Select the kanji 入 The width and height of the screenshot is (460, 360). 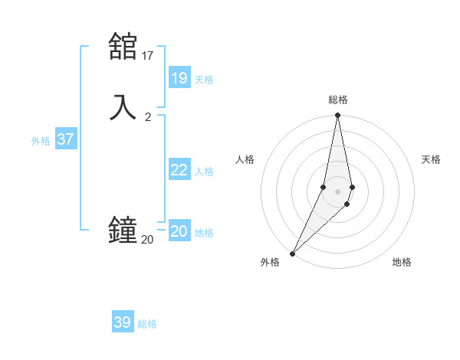pyautogui.click(x=123, y=106)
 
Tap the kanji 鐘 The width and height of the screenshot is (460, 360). pyautogui.click(x=123, y=230)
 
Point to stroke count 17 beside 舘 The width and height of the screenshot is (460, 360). pyautogui.click(x=148, y=55)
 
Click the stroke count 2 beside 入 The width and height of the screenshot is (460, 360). pyautogui.click(x=148, y=116)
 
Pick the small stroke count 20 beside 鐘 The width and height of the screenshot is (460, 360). pyautogui.click(x=147, y=240)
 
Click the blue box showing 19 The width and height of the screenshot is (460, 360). pyautogui.click(x=179, y=78)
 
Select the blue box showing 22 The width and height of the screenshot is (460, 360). pyautogui.click(x=179, y=170)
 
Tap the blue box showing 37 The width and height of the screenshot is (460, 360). pyautogui.click(x=66, y=139)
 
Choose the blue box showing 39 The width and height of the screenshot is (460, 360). pyautogui.click(x=123, y=322)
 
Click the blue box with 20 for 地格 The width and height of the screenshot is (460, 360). pyautogui.click(x=179, y=231)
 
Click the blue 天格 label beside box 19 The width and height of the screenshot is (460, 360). pyautogui.click(x=204, y=80)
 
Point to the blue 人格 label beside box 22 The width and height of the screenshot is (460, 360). pyautogui.click(x=204, y=172)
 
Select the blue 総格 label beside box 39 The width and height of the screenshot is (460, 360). pyautogui.click(x=147, y=324)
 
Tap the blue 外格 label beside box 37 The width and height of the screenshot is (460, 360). pyautogui.click(x=41, y=141)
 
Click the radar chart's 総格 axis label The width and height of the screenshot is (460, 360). pyautogui.click(x=338, y=100)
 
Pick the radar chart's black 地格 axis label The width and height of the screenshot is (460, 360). pyautogui.click(x=402, y=262)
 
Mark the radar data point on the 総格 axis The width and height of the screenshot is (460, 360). pyautogui.click(x=337, y=116)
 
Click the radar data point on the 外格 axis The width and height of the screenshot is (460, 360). pyautogui.click(x=292, y=253)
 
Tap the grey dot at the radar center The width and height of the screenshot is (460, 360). pyautogui.click(x=337, y=191)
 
